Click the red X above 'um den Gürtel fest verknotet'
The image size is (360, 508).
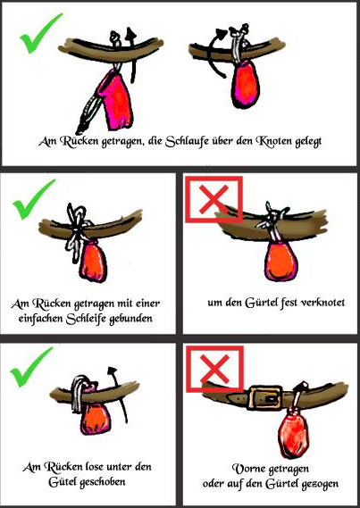pos(213,200)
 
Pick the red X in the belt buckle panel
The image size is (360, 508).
pos(214,369)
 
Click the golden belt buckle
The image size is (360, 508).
pos(264,397)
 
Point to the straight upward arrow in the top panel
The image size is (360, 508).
pos(131,55)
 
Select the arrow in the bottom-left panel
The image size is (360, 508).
pos(118,395)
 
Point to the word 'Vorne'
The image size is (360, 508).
pos(246,469)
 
